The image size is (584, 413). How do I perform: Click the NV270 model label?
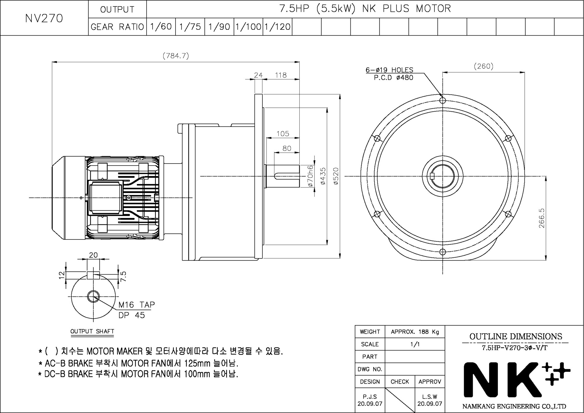tap(44, 18)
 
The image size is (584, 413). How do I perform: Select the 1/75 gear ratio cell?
tap(190, 27)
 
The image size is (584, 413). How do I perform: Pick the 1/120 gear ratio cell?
tap(277, 27)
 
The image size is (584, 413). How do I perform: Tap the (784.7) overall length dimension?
tap(176, 55)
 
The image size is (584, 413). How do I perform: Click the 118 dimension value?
tap(281, 75)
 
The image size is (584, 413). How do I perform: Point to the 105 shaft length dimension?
tap(283, 133)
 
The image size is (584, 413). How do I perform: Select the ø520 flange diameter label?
tap(336, 176)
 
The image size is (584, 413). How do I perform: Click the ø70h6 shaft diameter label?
tap(310, 176)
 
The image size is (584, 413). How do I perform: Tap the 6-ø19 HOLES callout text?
tap(390, 70)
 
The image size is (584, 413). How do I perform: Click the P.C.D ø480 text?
tap(394, 78)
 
